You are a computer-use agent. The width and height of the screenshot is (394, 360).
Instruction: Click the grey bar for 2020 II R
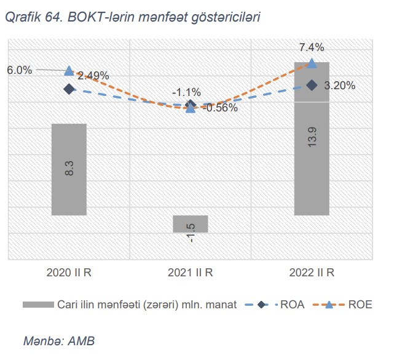tap(69, 169)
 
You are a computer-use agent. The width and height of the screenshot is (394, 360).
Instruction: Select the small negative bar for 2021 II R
tap(191, 224)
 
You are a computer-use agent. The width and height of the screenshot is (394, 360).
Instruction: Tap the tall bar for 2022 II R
tap(312, 138)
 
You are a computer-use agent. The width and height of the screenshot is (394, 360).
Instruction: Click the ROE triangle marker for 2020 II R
tap(69, 71)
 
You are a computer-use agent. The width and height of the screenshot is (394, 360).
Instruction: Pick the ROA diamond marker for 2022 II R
tap(312, 85)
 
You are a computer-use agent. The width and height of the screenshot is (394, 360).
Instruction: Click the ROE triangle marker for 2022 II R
tap(312, 63)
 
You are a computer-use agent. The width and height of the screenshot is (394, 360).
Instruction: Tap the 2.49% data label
tap(93, 76)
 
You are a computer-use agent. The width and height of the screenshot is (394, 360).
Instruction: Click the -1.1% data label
tap(186, 92)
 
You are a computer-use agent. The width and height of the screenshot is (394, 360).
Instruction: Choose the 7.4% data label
tap(312, 47)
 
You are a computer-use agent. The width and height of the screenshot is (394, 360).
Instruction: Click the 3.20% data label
tap(339, 86)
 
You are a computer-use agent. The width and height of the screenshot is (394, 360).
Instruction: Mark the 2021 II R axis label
tap(191, 272)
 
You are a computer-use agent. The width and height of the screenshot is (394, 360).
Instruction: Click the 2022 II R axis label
tap(312, 272)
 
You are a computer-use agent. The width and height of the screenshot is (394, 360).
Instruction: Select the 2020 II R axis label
tap(69, 272)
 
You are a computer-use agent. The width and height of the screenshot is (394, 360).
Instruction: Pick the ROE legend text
tap(361, 305)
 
